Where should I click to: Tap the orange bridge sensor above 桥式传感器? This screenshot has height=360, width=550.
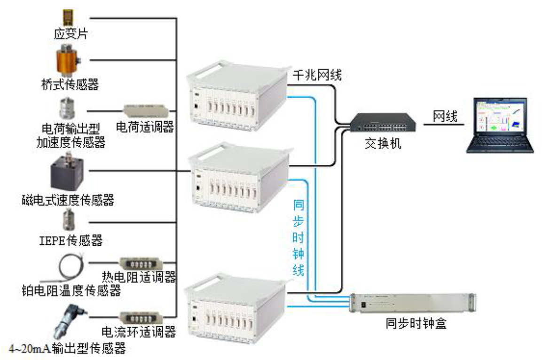pos(68,60)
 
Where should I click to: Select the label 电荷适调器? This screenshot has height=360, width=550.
pos(145,127)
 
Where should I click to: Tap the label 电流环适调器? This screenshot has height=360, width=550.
pos(139,333)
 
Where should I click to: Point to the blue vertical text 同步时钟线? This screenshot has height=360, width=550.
pos(298,238)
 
